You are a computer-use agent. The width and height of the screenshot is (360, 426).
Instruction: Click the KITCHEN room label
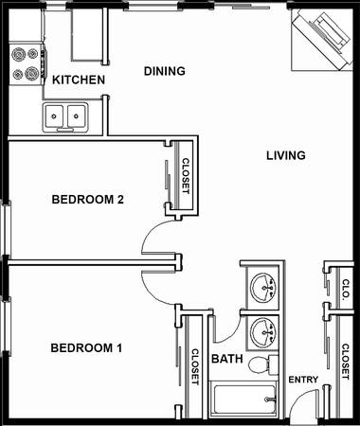click(x=79, y=80)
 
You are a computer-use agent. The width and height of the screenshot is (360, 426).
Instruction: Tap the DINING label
click(x=165, y=71)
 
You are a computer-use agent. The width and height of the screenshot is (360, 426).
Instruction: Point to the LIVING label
click(x=286, y=155)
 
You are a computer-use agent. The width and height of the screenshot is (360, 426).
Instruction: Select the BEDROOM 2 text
click(x=87, y=200)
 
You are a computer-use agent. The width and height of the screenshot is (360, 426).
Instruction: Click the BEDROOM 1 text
click(x=86, y=348)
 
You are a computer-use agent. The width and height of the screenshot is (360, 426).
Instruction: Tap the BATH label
click(x=227, y=359)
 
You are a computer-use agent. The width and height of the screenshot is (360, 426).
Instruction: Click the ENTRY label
click(x=303, y=380)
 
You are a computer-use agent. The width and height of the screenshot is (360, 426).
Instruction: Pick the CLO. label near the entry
click(x=346, y=289)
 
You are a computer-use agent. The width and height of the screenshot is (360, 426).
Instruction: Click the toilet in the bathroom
click(x=263, y=365)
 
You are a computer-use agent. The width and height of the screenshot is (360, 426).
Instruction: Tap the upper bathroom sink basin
click(x=263, y=288)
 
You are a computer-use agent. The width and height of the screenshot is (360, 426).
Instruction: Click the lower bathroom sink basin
click(x=263, y=332)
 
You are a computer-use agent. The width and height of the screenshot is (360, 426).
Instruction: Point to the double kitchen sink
click(x=65, y=117)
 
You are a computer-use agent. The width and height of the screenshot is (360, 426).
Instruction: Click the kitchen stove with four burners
click(x=26, y=64)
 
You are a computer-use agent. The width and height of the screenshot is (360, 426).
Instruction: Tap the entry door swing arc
click(x=301, y=399)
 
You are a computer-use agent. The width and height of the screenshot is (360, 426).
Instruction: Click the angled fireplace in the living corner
click(x=321, y=39)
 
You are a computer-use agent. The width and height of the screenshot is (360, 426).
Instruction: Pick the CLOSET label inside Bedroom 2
click(x=186, y=176)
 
